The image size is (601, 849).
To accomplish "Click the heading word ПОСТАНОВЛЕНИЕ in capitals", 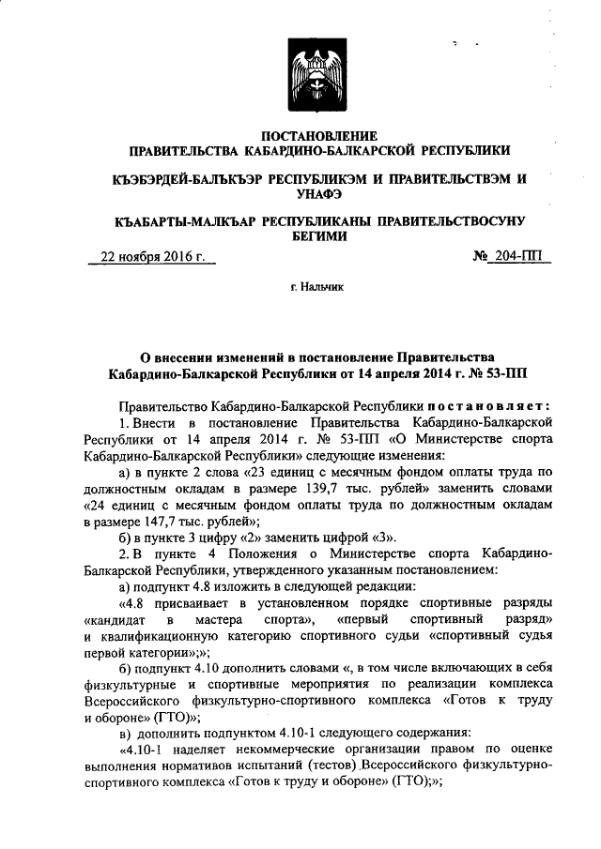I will [320, 135].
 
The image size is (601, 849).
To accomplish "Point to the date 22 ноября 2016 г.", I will [152, 256].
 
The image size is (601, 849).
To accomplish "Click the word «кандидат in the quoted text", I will [115, 620].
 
